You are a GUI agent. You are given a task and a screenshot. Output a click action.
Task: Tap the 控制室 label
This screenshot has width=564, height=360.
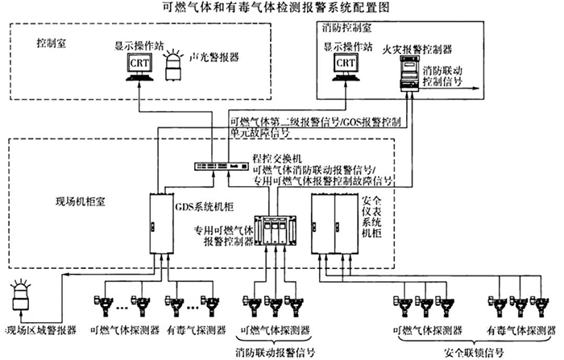51,41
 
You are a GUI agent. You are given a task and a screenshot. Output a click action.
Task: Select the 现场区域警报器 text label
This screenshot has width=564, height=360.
39,329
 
